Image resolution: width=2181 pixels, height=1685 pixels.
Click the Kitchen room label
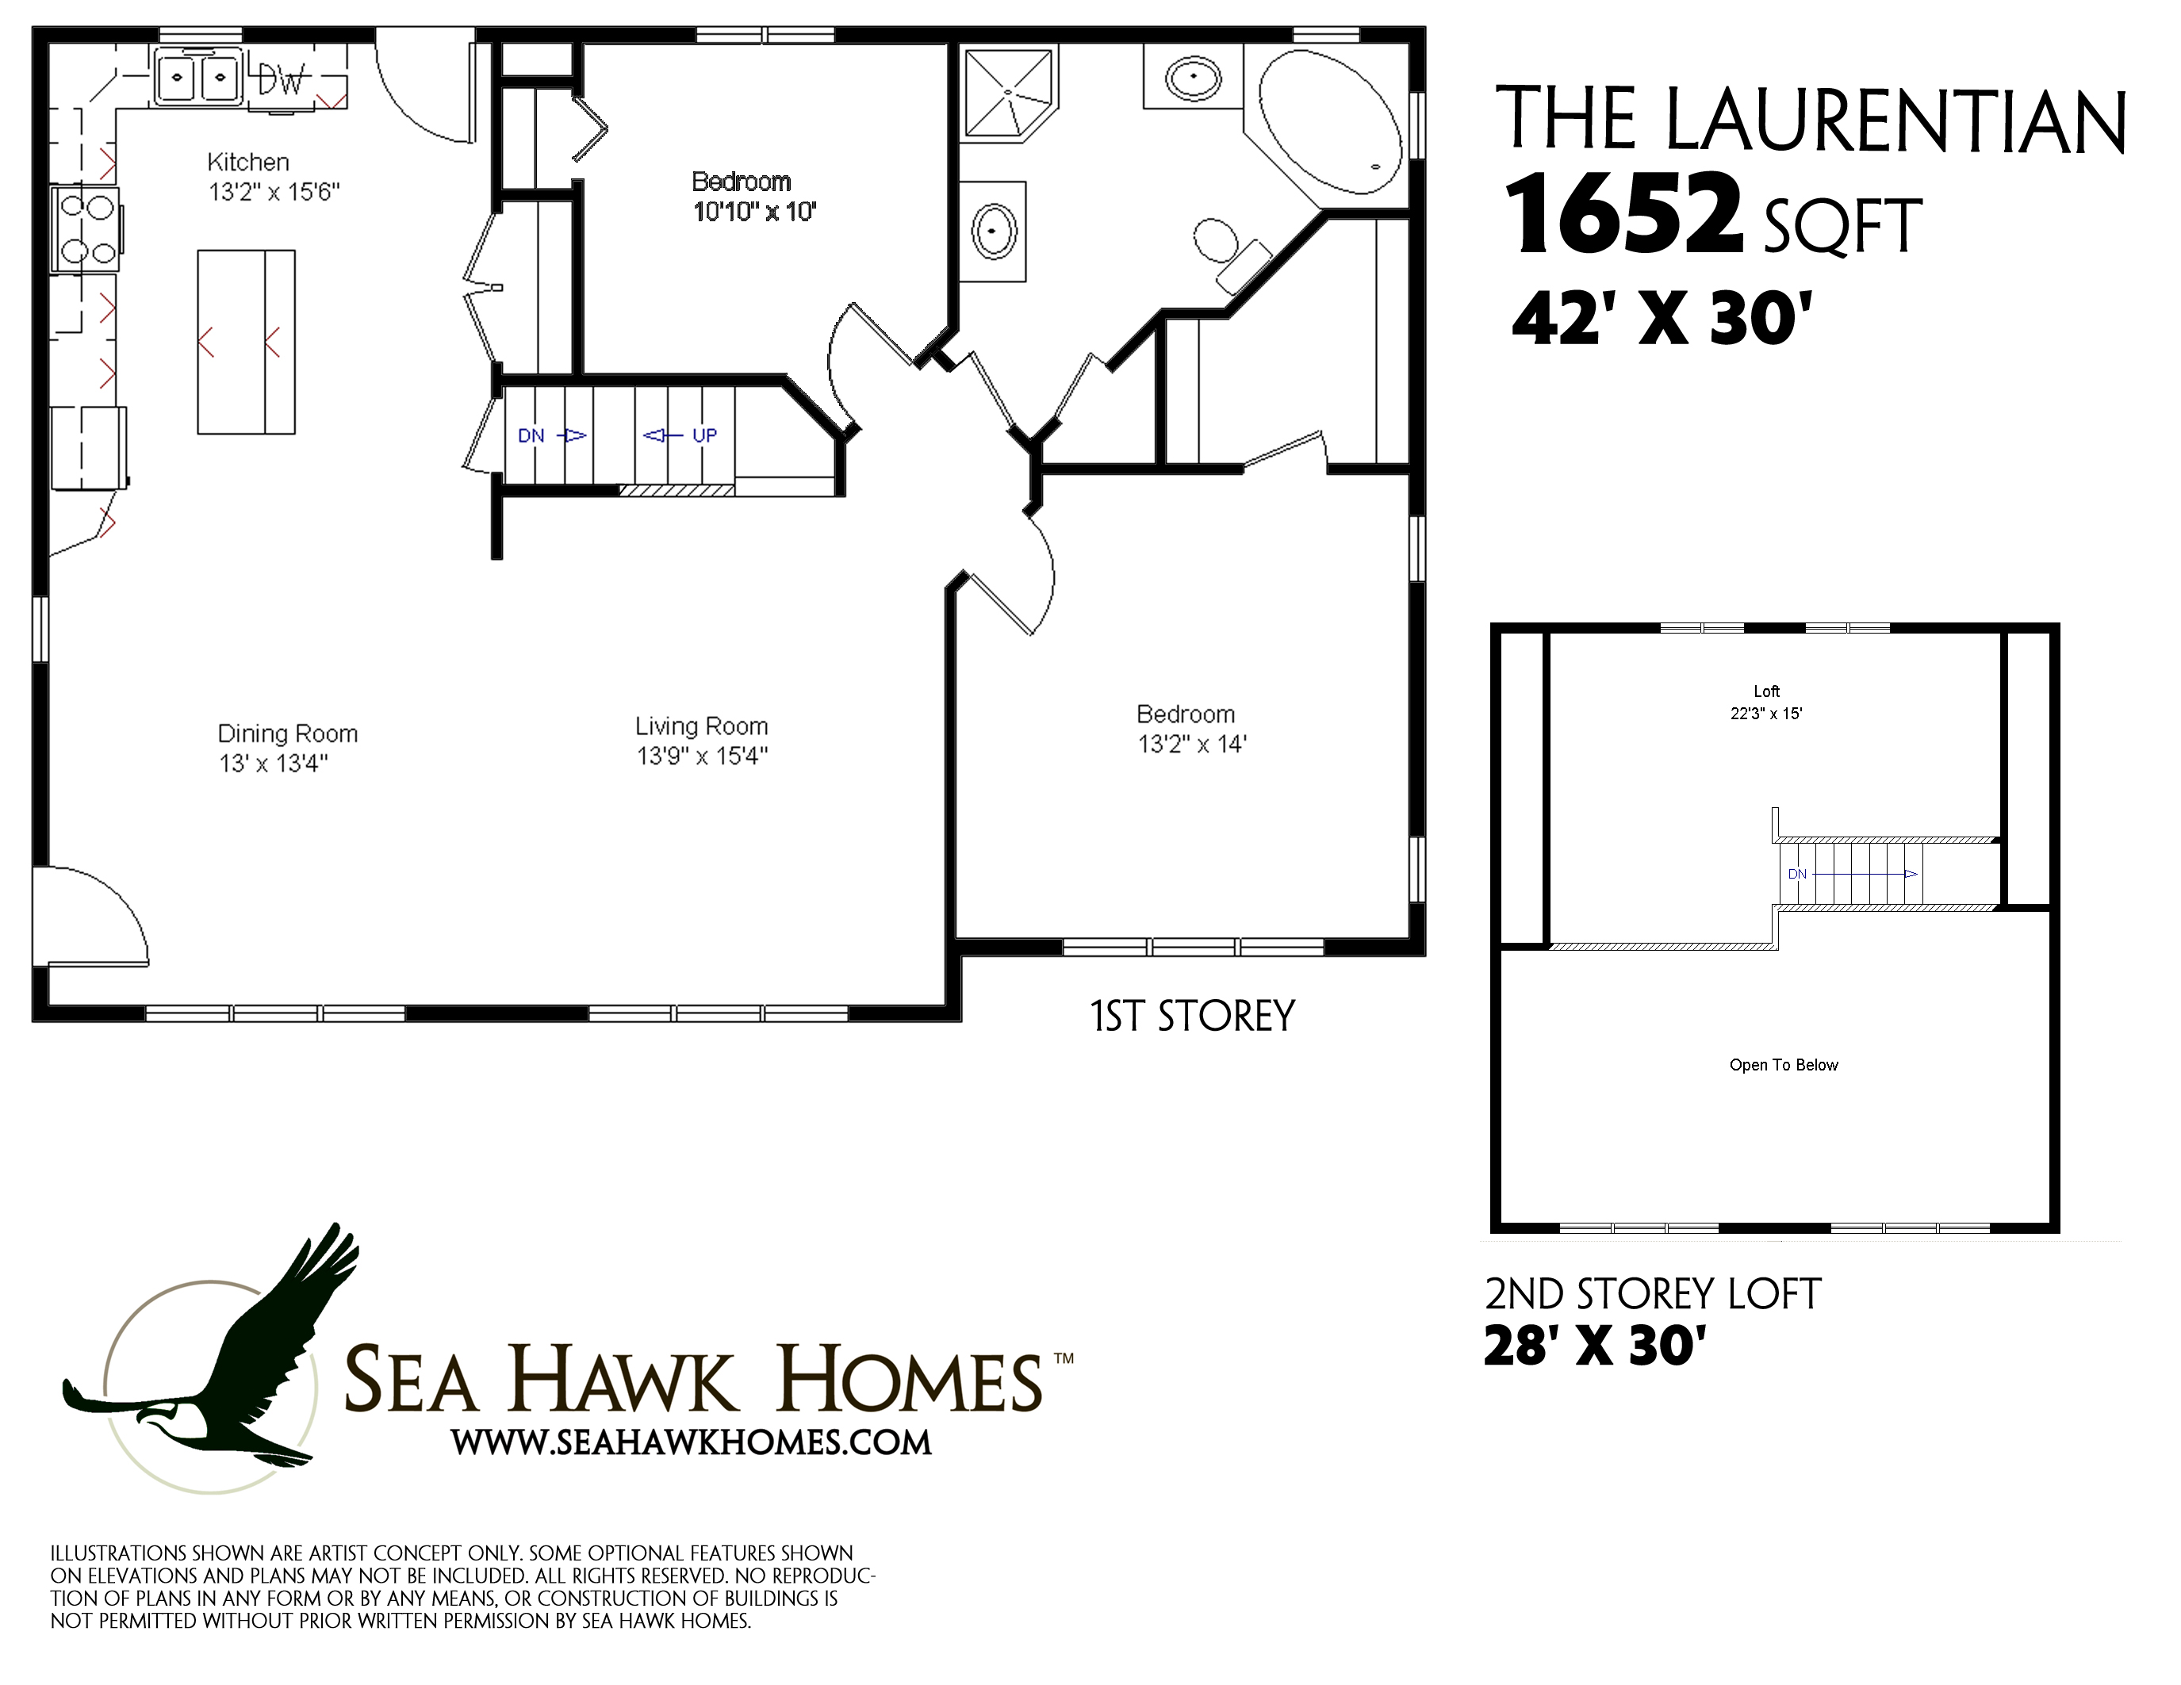click(247, 162)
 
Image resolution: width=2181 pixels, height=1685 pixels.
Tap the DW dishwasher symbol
click(280, 79)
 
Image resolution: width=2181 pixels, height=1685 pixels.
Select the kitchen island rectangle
click(246, 342)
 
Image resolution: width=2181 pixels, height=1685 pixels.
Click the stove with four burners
click(86, 228)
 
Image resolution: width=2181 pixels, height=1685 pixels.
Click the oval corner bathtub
click(1329, 122)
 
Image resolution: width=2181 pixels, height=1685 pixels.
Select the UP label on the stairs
click(704, 435)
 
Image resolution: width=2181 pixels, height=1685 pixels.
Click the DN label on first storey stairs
click(531, 435)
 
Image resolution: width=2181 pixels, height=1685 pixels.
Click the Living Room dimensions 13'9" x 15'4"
click(702, 756)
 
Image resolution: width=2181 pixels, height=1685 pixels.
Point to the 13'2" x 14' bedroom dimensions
click(1192, 744)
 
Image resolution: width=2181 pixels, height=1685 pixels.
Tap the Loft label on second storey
click(1765, 691)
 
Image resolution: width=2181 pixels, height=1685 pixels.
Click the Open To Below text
click(1784, 1065)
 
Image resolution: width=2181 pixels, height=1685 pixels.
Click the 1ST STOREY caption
click(1192, 1017)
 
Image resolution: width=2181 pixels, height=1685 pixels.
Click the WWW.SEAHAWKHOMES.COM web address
click(691, 1442)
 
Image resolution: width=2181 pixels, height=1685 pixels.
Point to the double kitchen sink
click(197, 76)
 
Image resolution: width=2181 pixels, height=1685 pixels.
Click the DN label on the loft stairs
click(1796, 874)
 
